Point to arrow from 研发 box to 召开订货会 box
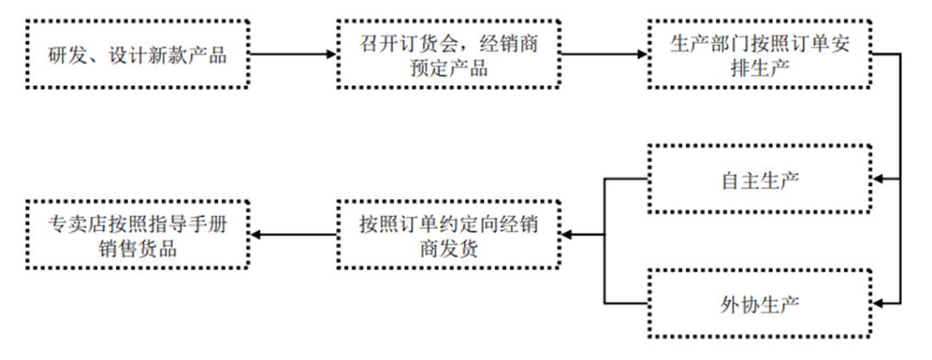293,54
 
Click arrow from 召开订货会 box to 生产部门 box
604,54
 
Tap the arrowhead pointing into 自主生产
878,179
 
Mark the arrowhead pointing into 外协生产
878,304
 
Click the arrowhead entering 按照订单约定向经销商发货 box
566,235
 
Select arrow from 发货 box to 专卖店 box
293,235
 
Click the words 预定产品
448,68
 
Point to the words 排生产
759,68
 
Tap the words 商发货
448,249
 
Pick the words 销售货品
137,249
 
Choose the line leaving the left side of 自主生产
626,179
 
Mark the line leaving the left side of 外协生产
626,304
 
